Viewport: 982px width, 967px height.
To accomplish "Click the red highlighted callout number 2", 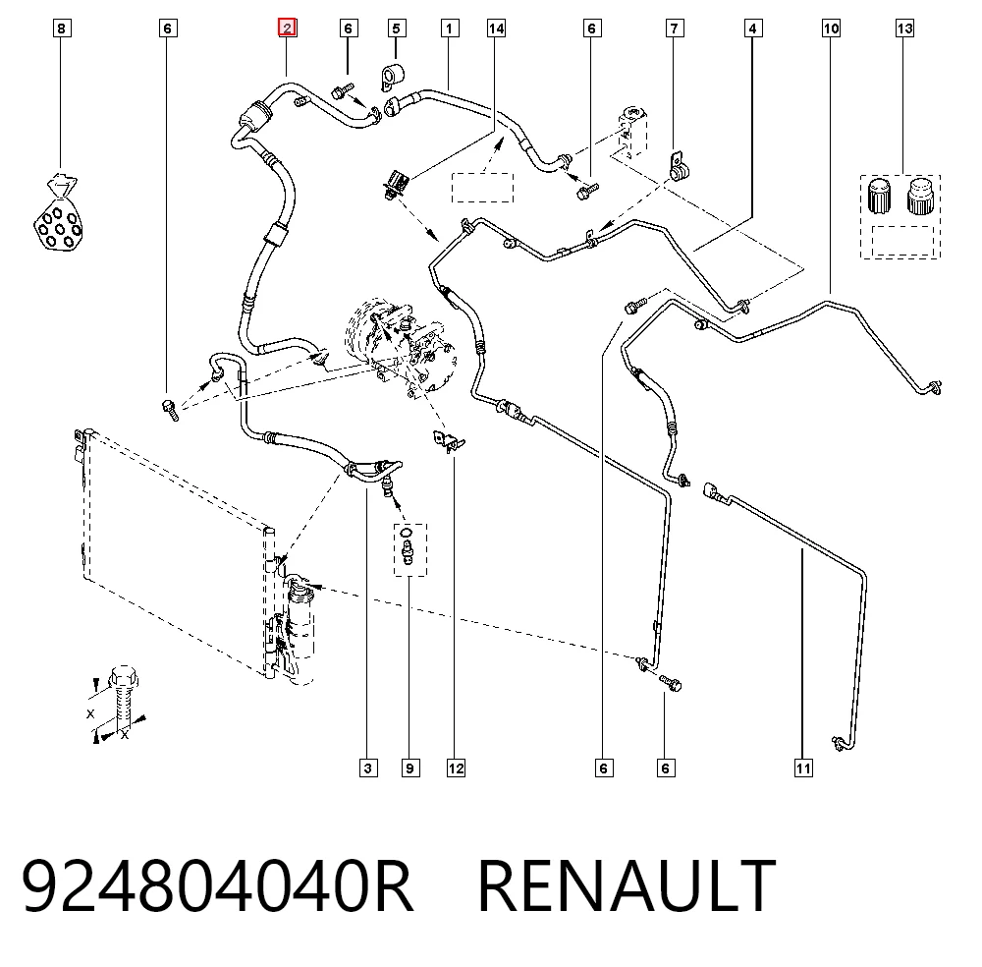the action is (x=287, y=28).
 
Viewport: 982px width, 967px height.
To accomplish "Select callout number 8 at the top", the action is (x=61, y=28).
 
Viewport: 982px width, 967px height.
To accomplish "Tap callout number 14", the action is (x=496, y=28).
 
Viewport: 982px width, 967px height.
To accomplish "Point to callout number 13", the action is (x=904, y=28).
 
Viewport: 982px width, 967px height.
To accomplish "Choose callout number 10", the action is (x=831, y=28).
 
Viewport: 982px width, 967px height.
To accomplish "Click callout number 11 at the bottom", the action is (x=803, y=768).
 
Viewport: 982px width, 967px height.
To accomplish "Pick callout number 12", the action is (x=456, y=768).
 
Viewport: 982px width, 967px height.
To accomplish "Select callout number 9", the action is (x=410, y=768).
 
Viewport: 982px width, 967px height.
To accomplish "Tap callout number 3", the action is (x=368, y=768).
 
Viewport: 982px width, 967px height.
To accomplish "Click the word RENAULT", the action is (x=627, y=885).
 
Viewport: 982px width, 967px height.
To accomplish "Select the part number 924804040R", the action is (x=217, y=885).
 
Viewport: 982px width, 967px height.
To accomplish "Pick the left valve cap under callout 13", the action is (x=879, y=197).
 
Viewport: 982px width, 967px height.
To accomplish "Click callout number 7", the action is (x=674, y=28).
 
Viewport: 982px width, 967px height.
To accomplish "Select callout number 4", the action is (x=753, y=28).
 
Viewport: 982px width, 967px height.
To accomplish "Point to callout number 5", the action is (x=396, y=28).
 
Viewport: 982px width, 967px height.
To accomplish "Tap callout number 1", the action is (x=449, y=28).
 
